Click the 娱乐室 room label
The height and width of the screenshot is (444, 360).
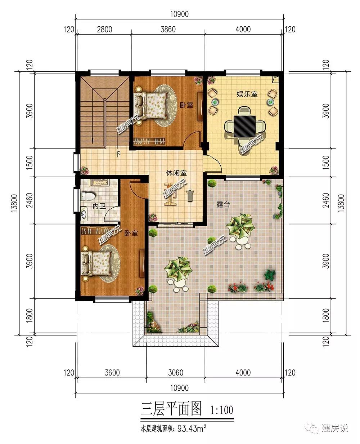click(247, 94)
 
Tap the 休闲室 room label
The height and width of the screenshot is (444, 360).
click(176, 173)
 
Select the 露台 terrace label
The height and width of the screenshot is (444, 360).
click(223, 205)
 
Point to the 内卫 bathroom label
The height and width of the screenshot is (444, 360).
click(99, 206)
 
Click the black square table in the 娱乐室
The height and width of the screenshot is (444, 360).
click(245, 126)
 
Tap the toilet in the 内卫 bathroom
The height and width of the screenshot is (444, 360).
click(87, 196)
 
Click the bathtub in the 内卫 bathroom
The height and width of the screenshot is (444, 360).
click(99, 183)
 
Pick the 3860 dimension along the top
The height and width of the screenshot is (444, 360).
click(168, 30)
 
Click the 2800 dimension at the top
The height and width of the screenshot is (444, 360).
click(104, 30)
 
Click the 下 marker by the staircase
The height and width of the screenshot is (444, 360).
click(118, 154)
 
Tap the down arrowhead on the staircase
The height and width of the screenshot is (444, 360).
click(93, 141)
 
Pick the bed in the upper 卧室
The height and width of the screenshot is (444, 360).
click(150, 106)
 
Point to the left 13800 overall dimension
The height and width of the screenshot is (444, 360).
click(14, 203)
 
